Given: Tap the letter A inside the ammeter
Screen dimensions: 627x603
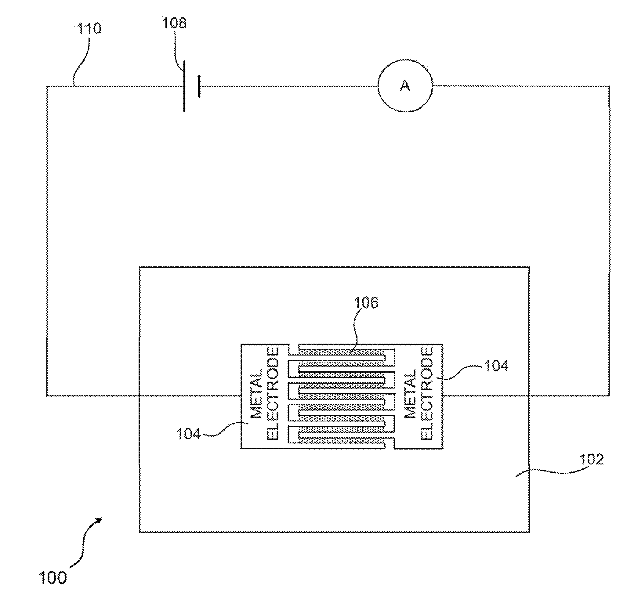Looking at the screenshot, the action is [405, 86].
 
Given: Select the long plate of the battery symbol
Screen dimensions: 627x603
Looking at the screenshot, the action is [184, 86].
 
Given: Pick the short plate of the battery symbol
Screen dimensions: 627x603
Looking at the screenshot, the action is [199, 86].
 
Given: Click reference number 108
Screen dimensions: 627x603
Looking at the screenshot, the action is [174, 23].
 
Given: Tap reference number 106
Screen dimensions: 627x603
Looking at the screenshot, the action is [366, 302].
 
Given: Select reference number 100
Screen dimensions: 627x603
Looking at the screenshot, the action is [53, 578].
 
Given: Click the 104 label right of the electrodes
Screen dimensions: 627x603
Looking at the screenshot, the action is [496, 366].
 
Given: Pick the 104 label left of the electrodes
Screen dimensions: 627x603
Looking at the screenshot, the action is [188, 434].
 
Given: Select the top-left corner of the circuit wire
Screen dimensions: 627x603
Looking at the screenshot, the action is [47, 86].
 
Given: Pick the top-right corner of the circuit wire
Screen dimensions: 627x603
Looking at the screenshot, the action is [608, 86].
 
